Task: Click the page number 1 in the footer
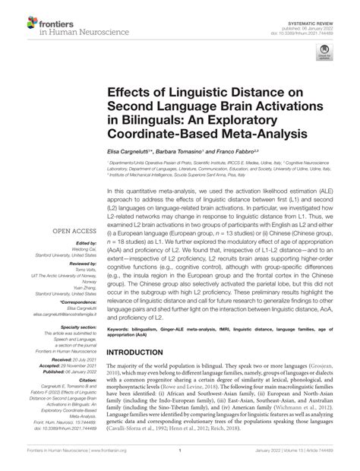(x=180, y=463)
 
